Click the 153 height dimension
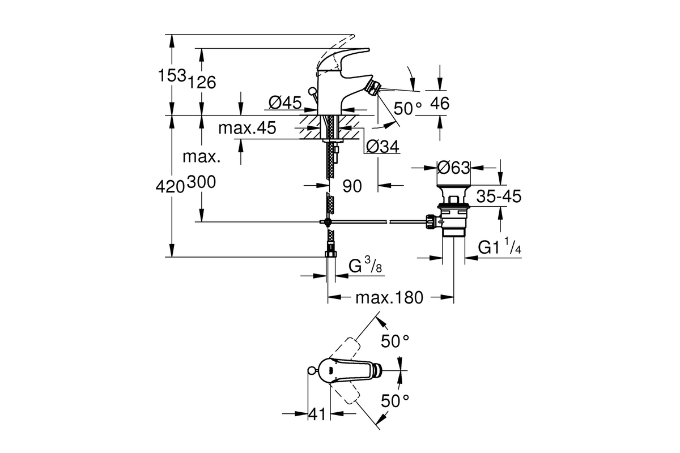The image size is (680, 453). click(x=172, y=75)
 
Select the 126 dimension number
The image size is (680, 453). click(x=202, y=82)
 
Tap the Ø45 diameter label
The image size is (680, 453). click(x=285, y=102)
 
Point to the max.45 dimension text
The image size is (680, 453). click(x=247, y=128)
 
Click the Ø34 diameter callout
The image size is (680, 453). click(x=382, y=147)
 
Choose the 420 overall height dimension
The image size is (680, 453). click(x=171, y=187)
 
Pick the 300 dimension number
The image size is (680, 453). click(x=202, y=182)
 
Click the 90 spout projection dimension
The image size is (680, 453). click(x=352, y=186)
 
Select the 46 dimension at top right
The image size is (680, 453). click(x=440, y=104)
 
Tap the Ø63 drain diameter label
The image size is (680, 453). click(x=453, y=168)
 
